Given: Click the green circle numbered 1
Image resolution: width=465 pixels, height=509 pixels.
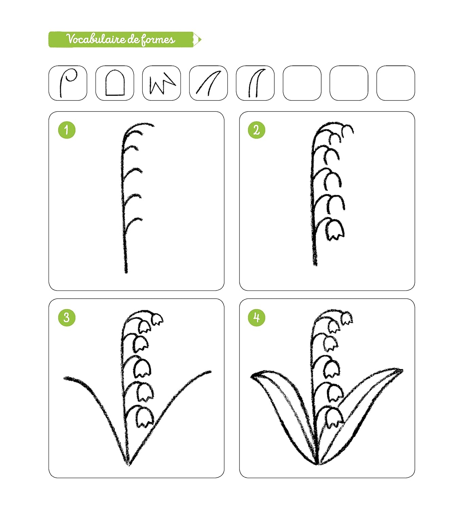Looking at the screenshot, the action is point(67,130).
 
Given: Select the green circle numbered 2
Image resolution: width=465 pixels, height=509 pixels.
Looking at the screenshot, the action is point(257,130).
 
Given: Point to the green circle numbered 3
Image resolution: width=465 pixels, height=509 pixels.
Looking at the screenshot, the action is point(67,317).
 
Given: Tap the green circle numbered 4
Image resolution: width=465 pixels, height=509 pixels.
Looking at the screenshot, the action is point(257,317).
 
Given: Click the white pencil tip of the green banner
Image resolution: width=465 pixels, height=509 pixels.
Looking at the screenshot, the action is point(197,39).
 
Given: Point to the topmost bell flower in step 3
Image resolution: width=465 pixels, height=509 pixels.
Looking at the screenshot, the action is point(157,320).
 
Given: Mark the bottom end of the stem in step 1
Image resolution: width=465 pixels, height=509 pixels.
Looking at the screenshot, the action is point(126,272).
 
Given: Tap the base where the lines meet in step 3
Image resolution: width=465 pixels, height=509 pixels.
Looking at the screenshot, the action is point(129,465).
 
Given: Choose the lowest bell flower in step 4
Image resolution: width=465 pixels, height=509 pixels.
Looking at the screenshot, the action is point(334,418).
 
